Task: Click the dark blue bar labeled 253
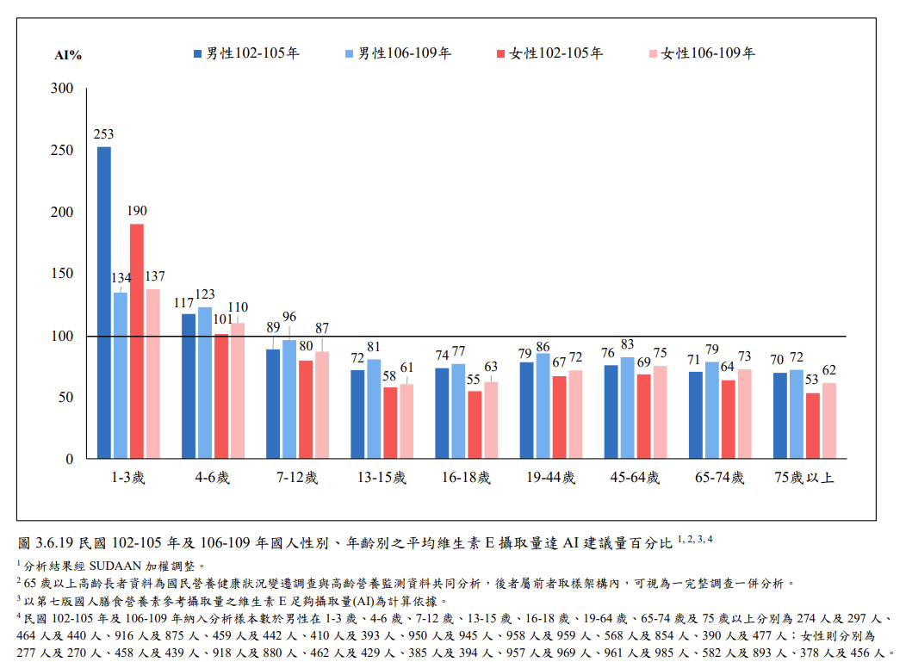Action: (x=103, y=302)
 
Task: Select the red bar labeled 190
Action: (x=137, y=341)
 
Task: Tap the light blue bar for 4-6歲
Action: (x=205, y=382)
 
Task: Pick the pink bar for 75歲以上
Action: (x=828, y=420)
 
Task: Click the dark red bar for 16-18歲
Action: (x=475, y=424)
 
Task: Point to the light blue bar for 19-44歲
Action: (x=543, y=405)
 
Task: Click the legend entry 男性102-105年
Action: (x=247, y=53)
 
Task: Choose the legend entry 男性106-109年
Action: (x=399, y=53)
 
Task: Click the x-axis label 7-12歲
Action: (x=298, y=478)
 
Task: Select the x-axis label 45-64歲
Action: (x=635, y=478)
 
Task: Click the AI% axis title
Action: (x=68, y=55)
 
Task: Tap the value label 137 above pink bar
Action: (x=155, y=277)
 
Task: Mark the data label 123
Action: (x=205, y=295)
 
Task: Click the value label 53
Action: (x=812, y=380)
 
